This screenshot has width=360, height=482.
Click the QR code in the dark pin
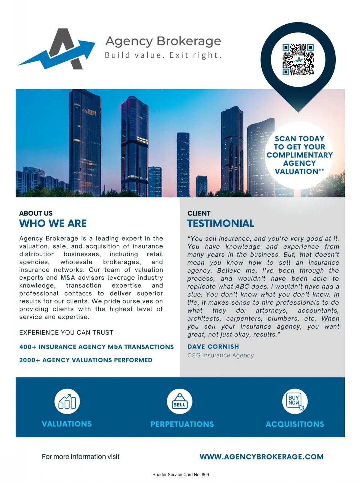tap(298, 59)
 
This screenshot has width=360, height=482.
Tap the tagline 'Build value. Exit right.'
tap(163, 55)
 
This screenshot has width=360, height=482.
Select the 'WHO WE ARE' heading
tap(53, 223)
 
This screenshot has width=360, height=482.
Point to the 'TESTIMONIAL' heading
tap(220, 223)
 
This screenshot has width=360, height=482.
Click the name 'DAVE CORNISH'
tap(213, 347)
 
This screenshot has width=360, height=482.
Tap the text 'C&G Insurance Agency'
tap(220, 355)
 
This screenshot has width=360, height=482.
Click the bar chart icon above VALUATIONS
tap(67, 402)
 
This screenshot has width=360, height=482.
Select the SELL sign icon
tap(179, 402)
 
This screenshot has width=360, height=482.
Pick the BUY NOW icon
tap(295, 401)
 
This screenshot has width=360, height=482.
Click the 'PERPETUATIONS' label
tap(182, 424)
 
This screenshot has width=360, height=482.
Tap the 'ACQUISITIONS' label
tap(295, 424)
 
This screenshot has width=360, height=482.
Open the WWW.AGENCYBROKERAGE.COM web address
tap(261, 457)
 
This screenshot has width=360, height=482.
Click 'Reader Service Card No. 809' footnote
tap(181, 474)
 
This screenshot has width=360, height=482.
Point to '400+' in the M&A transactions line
tap(28, 347)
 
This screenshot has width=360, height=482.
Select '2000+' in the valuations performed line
tap(29, 360)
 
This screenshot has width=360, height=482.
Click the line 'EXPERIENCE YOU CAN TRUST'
tap(66, 333)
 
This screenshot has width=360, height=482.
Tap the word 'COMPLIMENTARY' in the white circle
tap(299, 155)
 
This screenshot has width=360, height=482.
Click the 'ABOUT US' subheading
tap(36, 213)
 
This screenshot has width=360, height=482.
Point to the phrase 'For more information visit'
tap(80, 457)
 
